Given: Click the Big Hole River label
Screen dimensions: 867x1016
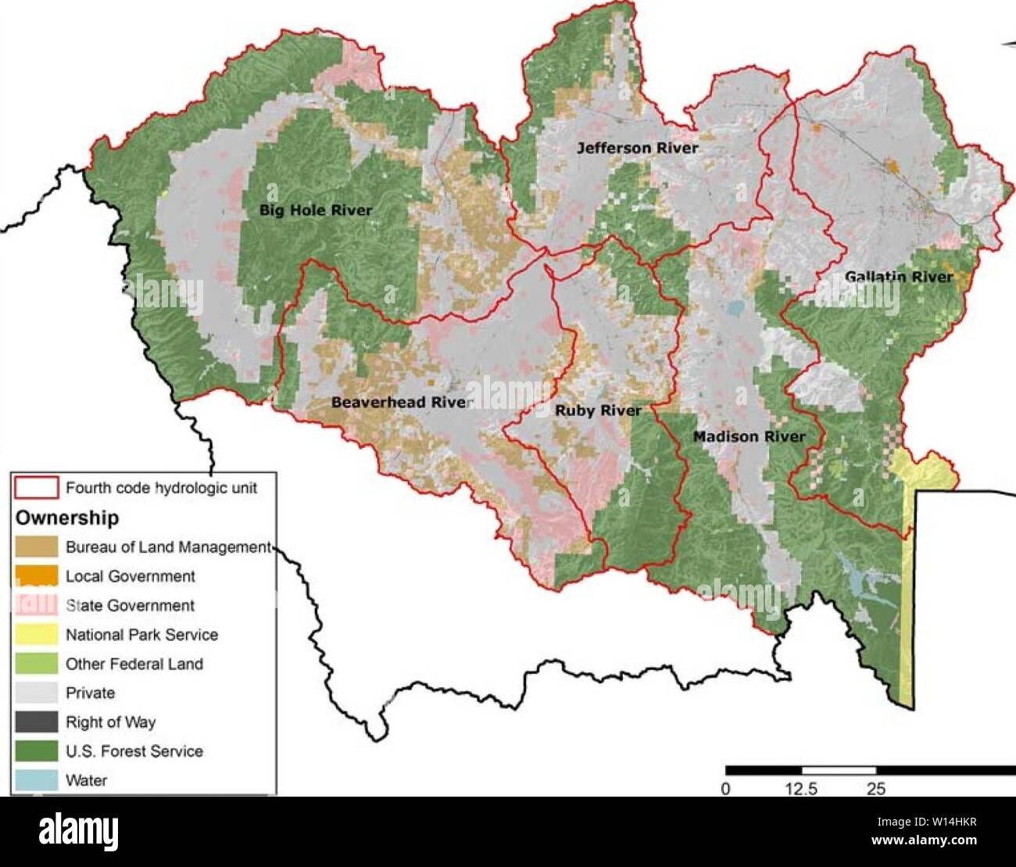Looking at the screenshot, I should [316, 210].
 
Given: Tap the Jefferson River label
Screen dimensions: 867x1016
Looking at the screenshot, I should [637, 148].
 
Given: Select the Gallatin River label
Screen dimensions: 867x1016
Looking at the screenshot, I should [899, 277].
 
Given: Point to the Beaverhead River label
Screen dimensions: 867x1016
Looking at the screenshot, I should [402, 402].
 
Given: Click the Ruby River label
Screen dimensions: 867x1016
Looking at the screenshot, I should [598, 410].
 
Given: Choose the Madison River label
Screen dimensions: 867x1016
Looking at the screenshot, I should [748, 436].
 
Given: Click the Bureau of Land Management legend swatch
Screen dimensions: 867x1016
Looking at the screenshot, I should [36, 546].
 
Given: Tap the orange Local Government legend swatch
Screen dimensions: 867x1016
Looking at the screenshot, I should [36, 576].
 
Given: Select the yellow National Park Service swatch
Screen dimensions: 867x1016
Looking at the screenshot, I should [36, 634].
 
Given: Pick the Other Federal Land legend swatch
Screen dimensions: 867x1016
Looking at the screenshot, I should [36, 664].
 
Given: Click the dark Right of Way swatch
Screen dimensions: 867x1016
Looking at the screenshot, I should [36, 722].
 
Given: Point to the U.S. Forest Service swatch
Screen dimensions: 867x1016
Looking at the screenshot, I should [36, 751].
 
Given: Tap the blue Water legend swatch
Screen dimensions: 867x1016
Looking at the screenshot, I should [36, 780].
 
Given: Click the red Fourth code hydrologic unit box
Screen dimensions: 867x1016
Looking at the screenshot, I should [36, 488].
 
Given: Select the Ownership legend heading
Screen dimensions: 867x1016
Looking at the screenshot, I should [67, 518].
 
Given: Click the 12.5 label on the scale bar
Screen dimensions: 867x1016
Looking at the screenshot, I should [800, 789].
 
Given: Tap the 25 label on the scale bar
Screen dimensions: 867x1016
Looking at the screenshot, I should [876, 789].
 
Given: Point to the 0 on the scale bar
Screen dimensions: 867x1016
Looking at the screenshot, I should [726, 789].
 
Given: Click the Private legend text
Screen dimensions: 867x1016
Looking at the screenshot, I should [90, 693].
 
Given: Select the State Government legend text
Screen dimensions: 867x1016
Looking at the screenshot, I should [130, 605].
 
